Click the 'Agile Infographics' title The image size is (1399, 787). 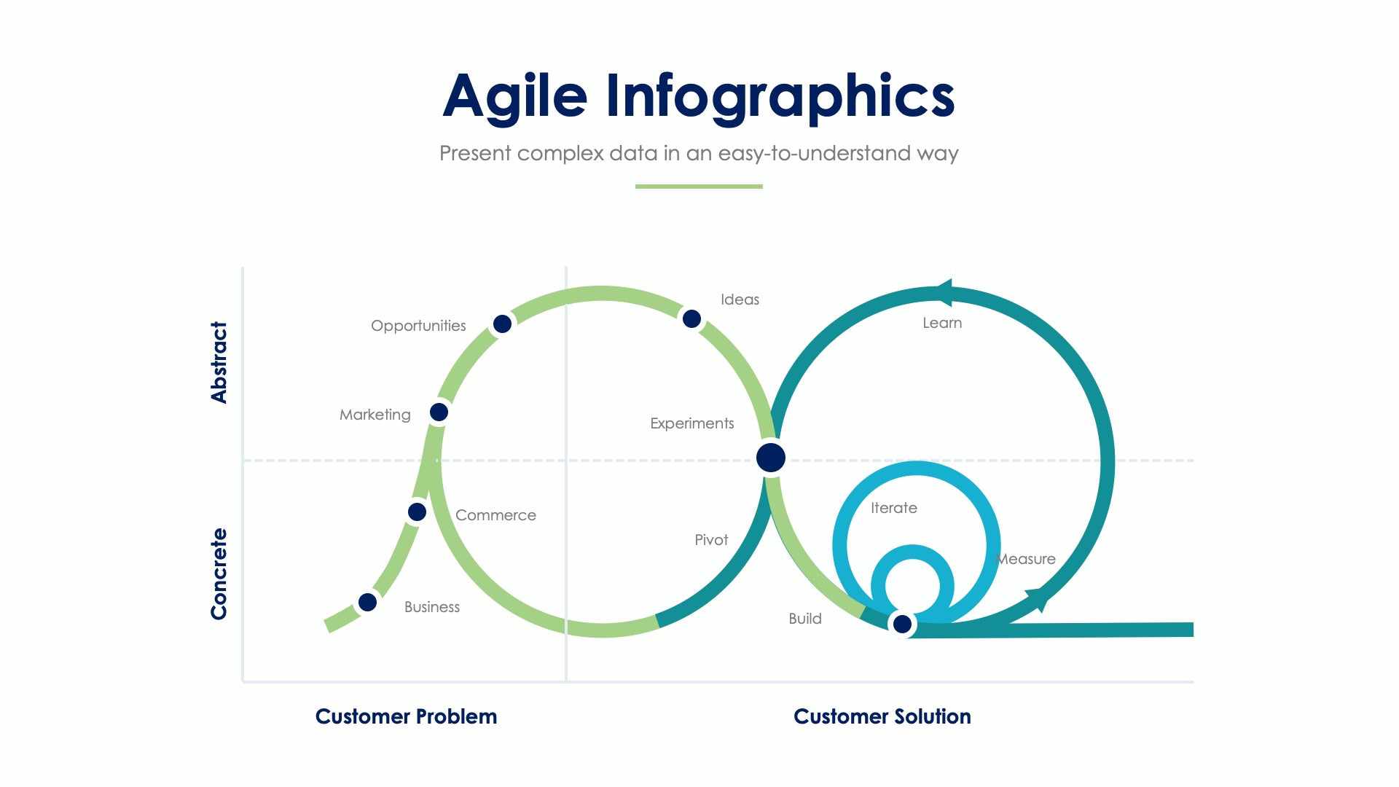(698, 96)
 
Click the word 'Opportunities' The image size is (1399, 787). (418, 326)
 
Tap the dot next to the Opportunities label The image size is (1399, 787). (502, 324)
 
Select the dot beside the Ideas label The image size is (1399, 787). (691, 318)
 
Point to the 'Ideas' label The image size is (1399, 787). (740, 299)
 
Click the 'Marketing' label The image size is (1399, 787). (375, 415)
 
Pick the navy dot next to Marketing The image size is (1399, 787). (439, 412)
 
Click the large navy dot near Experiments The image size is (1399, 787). (771, 458)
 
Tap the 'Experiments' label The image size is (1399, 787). (691, 423)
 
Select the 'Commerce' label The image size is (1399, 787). (495, 515)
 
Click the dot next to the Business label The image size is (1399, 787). (367, 603)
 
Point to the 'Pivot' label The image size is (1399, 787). (711, 540)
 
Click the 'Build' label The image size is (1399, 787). (805, 619)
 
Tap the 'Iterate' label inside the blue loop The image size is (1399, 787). (893, 508)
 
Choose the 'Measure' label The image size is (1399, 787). (1026, 559)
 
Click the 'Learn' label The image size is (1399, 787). (942, 323)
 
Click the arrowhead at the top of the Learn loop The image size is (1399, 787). (943, 293)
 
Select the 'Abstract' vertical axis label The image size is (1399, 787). (219, 362)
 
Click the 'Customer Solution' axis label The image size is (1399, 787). (882, 716)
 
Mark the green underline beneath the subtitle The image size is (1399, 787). (699, 187)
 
